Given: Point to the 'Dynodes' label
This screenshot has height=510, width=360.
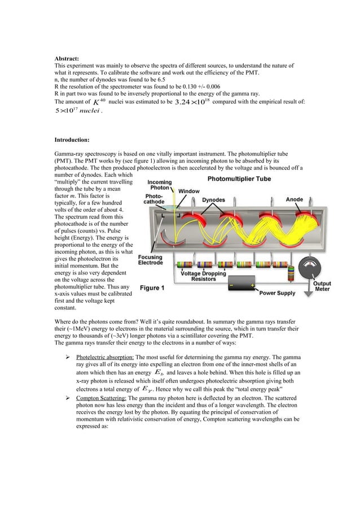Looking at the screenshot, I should coord(216,199).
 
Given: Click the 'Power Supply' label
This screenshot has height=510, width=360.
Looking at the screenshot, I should coord(278,293).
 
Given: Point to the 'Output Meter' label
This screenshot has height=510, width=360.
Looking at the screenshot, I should coord(322,287).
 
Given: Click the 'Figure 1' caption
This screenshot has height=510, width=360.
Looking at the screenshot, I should coord(152,288).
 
